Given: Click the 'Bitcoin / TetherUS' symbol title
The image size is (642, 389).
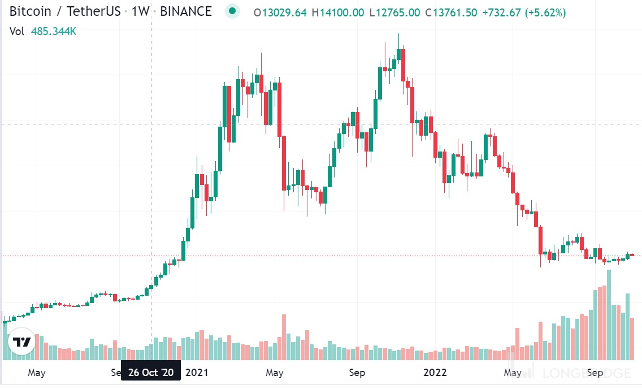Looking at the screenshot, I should pos(65,12).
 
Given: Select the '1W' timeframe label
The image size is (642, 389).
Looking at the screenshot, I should pos(140,12).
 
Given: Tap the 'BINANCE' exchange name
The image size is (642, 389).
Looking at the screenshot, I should pos(186,12).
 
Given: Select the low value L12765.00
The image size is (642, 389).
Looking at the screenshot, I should pos(395,12).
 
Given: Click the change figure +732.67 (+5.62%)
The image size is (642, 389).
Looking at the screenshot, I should pos(525,12).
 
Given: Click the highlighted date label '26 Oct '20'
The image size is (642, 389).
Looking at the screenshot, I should pos(151,373).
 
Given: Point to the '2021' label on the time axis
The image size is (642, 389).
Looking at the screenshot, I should pos(197,373).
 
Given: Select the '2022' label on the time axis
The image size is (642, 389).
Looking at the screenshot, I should pos(435,373).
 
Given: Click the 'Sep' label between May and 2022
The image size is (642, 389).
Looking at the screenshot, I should pos(357,373).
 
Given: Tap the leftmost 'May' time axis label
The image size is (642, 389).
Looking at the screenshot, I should pos(36,373).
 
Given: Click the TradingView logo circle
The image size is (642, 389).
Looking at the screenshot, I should pos(22,342).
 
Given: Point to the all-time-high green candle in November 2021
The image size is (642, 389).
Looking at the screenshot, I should pos(399,54).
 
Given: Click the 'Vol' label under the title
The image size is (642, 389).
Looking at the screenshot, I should pos(17,32).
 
